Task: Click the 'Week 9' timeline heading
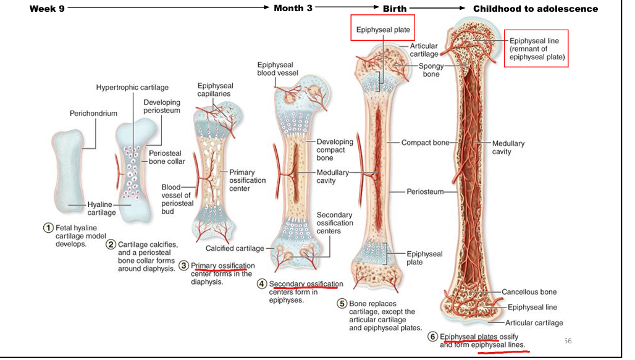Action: (46, 9)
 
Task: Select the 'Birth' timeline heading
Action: (394, 9)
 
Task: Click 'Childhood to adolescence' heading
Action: (535, 9)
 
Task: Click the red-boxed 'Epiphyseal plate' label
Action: (383, 30)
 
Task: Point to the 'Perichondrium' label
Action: (93, 114)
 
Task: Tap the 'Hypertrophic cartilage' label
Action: (132, 88)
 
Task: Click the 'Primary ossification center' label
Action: (247, 180)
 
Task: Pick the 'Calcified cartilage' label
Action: (235, 248)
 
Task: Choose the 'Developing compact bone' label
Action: (335, 150)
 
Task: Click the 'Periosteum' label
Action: (425, 192)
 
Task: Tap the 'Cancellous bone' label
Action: (529, 292)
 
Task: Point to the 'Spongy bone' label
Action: (431, 70)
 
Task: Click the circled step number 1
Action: (48, 228)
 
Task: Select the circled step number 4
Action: (262, 284)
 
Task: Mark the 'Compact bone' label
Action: (425, 143)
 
